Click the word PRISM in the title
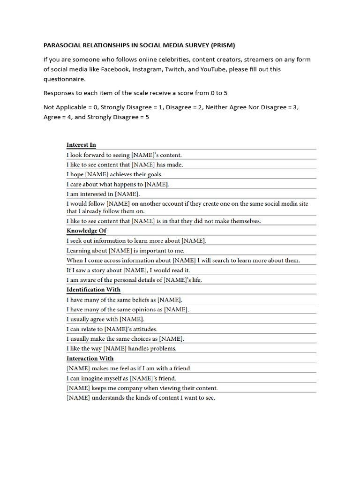(x=222, y=45)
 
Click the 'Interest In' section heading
(x=81, y=145)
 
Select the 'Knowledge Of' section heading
(x=86, y=231)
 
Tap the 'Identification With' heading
(x=93, y=290)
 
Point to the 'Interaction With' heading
(x=90, y=359)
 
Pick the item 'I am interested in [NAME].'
(x=103, y=194)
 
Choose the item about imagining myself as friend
(x=121, y=378)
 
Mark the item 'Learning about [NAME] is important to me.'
(x=125, y=251)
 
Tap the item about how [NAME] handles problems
(x=121, y=349)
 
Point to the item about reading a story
(x=128, y=270)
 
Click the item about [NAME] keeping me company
(x=142, y=388)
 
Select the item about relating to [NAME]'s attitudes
(x=112, y=329)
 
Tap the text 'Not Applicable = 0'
(x=70, y=107)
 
